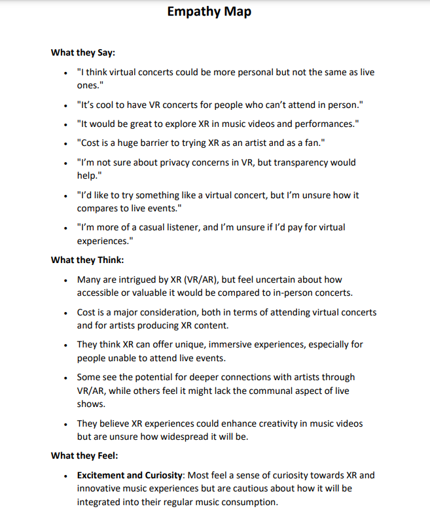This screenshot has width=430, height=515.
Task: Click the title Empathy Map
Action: pyautogui.click(x=209, y=11)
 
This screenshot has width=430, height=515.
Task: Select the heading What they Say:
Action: pyautogui.click(x=83, y=52)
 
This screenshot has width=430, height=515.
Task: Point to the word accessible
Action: pyautogui.click(x=99, y=292)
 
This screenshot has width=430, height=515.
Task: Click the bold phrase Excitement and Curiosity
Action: pyautogui.click(x=130, y=475)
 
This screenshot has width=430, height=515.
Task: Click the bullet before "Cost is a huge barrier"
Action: pyautogui.click(x=65, y=143)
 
